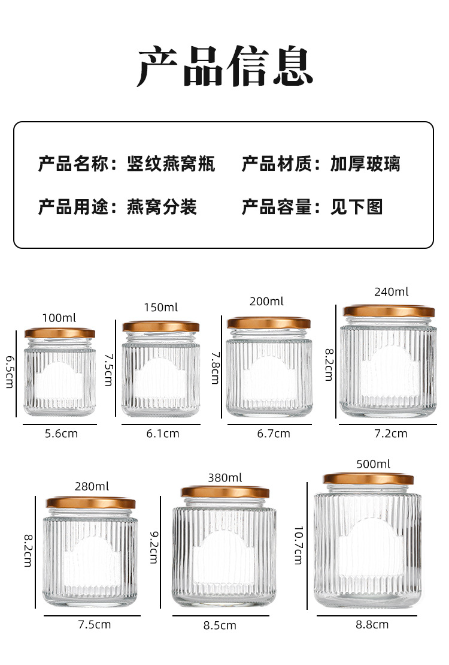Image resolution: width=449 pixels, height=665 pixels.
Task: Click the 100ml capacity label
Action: [59, 318]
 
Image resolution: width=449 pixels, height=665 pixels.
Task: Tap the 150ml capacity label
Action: [161, 307]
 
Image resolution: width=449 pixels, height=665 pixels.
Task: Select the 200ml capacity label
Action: [266, 301]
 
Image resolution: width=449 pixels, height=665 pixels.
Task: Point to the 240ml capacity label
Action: [392, 292]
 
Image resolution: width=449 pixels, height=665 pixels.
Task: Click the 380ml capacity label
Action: [225, 477]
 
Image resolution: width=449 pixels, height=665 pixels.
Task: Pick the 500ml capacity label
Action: [373, 464]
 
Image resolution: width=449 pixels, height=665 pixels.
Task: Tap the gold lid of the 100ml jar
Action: [60, 333]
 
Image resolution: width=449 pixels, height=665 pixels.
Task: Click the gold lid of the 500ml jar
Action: [368, 479]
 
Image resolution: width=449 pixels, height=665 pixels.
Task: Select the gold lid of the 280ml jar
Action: [91, 503]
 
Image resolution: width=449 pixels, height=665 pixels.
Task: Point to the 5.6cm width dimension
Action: [62, 434]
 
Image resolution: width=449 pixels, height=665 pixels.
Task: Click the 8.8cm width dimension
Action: [372, 624]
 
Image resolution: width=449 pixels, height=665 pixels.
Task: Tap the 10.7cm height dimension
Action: [299, 546]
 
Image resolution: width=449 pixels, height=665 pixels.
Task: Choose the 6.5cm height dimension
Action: [10, 372]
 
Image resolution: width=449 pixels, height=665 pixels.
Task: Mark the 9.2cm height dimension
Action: [154, 547]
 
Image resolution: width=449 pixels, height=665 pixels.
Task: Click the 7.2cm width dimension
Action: [390, 434]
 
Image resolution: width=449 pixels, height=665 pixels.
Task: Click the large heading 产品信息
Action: [225, 66]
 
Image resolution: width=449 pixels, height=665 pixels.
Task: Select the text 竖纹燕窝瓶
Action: [171, 164]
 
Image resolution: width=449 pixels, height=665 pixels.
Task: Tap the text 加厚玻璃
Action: [365, 164]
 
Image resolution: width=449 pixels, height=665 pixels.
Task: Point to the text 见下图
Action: [356, 207]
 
